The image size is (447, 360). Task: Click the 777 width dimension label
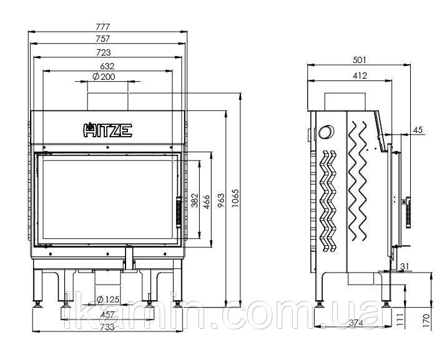[x=102, y=27]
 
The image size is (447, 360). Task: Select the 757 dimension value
[x=102, y=39]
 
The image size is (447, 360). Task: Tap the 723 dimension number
[x=103, y=52]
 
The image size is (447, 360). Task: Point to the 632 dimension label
[x=107, y=66]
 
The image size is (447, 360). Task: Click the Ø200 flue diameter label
[x=104, y=77]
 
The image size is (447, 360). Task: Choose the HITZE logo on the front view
[x=107, y=130]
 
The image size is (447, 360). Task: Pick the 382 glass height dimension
[x=194, y=200]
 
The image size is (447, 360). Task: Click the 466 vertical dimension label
[x=207, y=202]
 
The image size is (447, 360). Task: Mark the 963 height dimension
[x=221, y=200]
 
